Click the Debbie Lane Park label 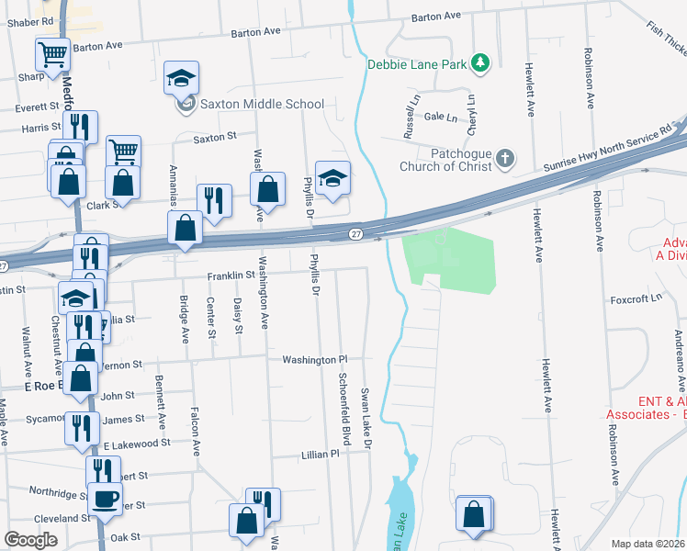pos(417,64)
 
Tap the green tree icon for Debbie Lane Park pos(479,62)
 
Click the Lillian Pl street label pos(321,455)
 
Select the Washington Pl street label pos(315,360)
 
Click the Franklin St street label pos(231,275)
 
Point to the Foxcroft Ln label pos(636,298)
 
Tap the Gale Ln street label pos(441,118)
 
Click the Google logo pos(30,540)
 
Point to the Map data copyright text pos(648,544)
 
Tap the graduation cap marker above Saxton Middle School pos(182,77)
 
